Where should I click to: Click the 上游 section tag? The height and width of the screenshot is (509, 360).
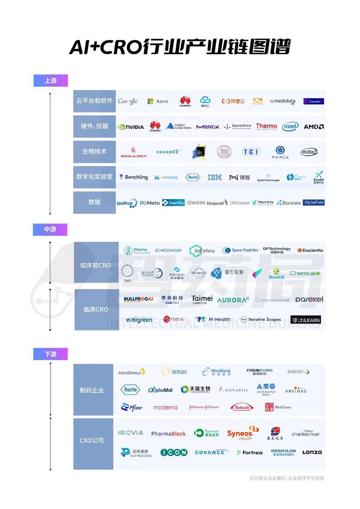pyautogui.click(x=50, y=81)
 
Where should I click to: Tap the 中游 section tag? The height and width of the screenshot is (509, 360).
pyautogui.click(x=50, y=229)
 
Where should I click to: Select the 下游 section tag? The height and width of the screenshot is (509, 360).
pyautogui.click(x=50, y=354)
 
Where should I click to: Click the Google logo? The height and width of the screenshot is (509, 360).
pyautogui.click(x=128, y=101)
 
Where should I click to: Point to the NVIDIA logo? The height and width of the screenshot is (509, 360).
pyautogui.click(x=130, y=127)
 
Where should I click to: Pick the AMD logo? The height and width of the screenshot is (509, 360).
pyautogui.click(x=314, y=127)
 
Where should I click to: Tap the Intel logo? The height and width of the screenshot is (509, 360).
pyautogui.click(x=290, y=127)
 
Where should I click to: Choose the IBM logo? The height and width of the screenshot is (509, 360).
pyautogui.click(x=215, y=178)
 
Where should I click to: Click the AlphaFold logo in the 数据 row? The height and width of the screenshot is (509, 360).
pyautogui.click(x=314, y=203)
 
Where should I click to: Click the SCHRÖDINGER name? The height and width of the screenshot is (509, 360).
pyautogui.click(x=168, y=250)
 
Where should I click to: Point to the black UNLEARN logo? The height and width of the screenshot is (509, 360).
pyautogui.click(x=306, y=320)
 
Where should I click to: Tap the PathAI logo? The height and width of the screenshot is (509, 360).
pyautogui.click(x=174, y=319)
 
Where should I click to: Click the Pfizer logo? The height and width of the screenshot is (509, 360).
pyautogui.click(x=132, y=407)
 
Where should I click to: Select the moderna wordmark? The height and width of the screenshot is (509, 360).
pyautogui.click(x=166, y=407)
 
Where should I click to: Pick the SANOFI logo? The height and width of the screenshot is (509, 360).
pyautogui.click(x=298, y=372)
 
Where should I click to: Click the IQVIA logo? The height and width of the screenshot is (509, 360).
pyautogui.click(x=130, y=433)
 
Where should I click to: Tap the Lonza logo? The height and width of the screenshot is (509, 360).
pyautogui.click(x=312, y=452)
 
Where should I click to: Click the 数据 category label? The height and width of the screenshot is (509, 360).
pyautogui.click(x=94, y=202)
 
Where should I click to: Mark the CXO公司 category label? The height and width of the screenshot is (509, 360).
pyautogui.click(x=92, y=440)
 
